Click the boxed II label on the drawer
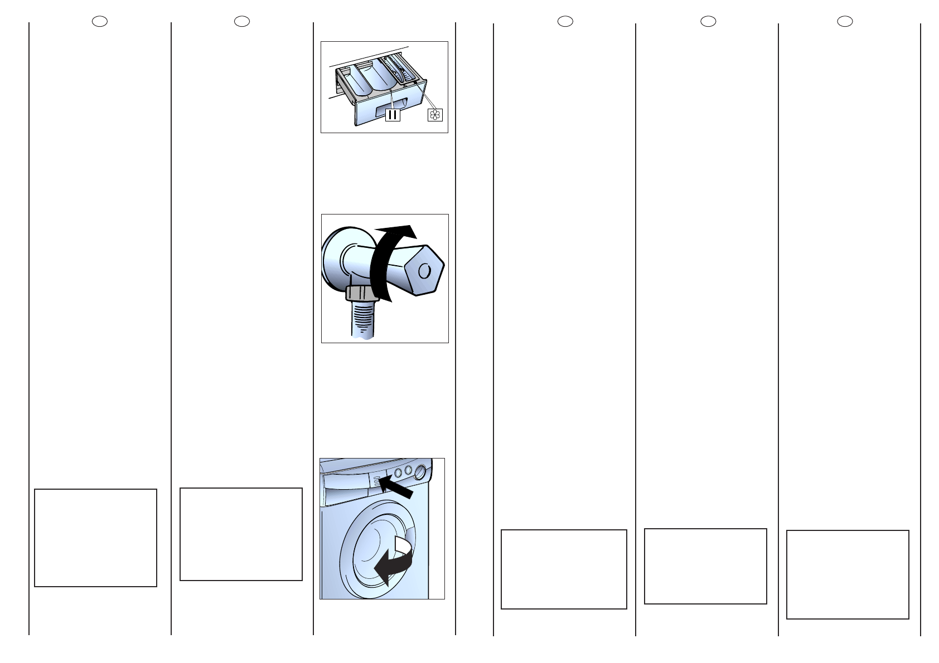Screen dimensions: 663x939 tap(393, 115)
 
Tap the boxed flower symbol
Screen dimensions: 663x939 tap(435, 115)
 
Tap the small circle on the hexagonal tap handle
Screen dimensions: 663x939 tap(424, 271)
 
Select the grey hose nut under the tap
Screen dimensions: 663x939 tap(362, 293)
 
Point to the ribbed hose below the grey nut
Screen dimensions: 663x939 tap(362, 320)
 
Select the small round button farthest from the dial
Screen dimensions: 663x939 tap(398, 472)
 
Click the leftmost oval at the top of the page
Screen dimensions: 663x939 tap(100, 22)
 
